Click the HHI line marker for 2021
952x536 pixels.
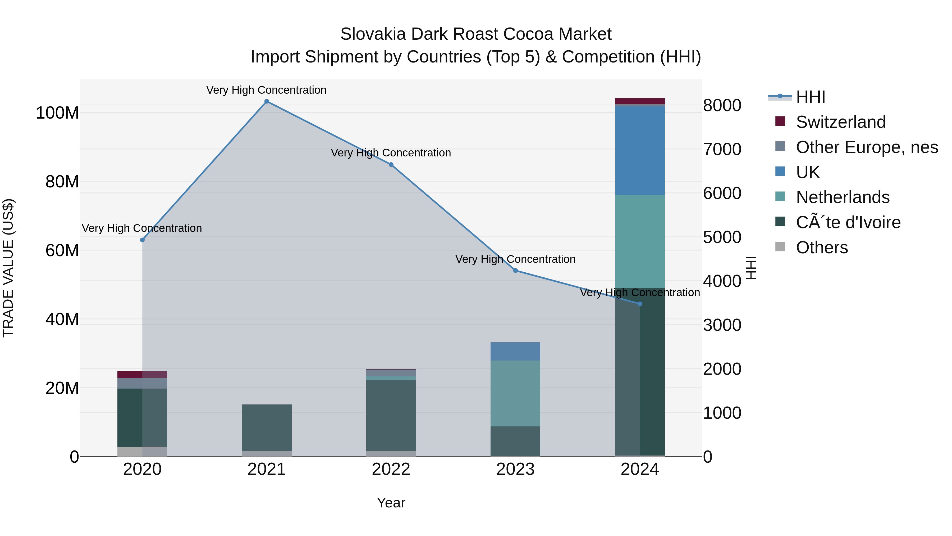pos(267,101)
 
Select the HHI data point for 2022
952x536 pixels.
pos(391,165)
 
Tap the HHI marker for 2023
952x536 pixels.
pos(516,271)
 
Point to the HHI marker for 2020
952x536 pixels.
pos(142,240)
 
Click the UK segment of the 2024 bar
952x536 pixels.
pos(640,150)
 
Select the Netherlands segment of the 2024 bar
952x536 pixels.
pos(640,241)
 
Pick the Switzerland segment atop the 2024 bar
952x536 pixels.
pos(640,101)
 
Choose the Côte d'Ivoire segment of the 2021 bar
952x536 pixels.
pos(267,427)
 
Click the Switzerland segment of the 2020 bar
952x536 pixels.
pos(142,374)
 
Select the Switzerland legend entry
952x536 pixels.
pos(840,122)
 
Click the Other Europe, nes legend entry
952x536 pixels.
pos(866,147)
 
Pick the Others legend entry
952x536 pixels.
pos(822,247)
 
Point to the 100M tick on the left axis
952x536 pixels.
pos(57,113)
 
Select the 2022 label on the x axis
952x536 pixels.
pos(391,469)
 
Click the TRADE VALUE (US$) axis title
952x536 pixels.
pos(8,268)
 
